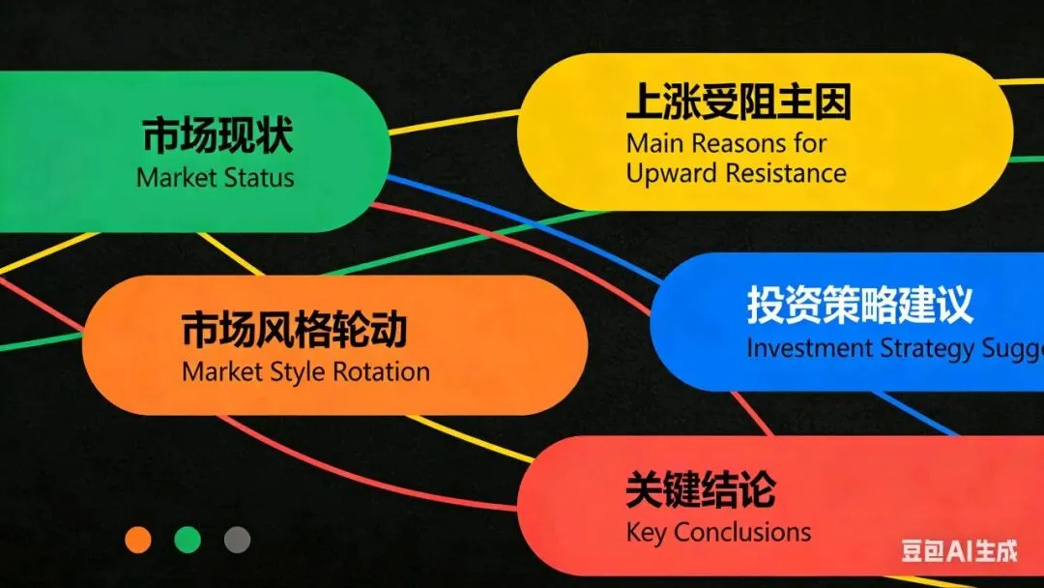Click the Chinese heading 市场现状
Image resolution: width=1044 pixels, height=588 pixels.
[x=217, y=136]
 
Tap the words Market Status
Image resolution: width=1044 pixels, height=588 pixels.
[x=216, y=178]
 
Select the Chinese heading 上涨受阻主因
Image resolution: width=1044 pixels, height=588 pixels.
[x=739, y=102]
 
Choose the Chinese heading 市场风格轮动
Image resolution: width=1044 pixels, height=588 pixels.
[x=294, y=330]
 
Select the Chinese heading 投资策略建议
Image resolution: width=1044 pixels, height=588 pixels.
[x=859, y=306]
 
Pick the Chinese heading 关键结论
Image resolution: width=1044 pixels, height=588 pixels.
[x=700, y=490]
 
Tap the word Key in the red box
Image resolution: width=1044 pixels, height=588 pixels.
[x=647, y=532]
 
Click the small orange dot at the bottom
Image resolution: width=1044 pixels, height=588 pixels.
[x=138, y=540]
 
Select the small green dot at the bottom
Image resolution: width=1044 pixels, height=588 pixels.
[x=188, y=540]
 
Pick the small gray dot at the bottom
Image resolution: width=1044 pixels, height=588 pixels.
[x=237, y=540]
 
